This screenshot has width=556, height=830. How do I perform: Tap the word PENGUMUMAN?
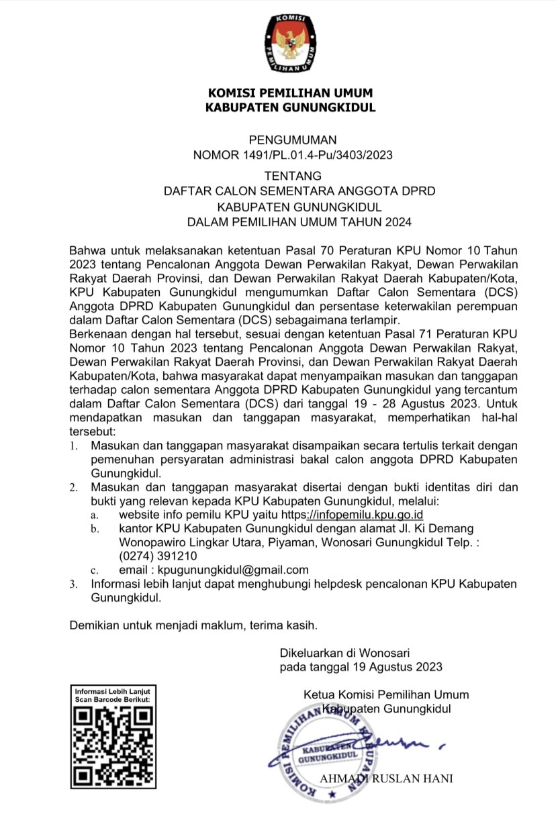292,140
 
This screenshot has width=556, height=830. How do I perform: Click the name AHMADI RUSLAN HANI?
386,778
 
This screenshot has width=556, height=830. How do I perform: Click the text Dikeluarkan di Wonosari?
344,652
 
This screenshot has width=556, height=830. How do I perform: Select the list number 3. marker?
75,584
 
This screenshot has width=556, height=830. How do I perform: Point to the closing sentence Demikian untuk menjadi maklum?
193,625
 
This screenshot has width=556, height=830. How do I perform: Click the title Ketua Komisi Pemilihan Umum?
386,694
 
